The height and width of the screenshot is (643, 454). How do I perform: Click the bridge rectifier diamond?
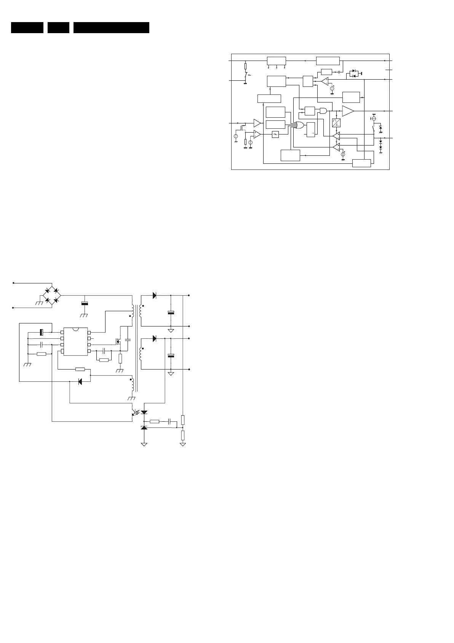pyautogui.click(x=51, y=295)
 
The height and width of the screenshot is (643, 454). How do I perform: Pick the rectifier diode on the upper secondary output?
pyautogui.click(x=154, y=295)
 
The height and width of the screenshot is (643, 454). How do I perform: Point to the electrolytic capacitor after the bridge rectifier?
pyautogui.click(x=85, y=304)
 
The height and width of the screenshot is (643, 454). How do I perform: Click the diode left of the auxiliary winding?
pyautogui.click(x=80, y=381)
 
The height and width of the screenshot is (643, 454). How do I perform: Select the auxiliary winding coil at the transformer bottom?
pyautogui.click(x=133, y=386)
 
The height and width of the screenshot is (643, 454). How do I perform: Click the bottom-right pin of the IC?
pyautogui.click(x=89, y=351)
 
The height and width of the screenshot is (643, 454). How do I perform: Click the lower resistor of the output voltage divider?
pyautogui.click(x=183, y=435)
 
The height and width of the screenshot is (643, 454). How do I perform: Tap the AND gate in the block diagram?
pyautogui.click(x=323, y=111)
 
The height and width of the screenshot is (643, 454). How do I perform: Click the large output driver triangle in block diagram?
pyautogui.click(x=347, y=111)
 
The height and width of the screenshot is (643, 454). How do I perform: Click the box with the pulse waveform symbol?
pyautogui.click(x=336, y=123)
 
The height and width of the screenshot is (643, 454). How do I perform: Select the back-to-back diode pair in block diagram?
pyautogui.click(x=354, y=73)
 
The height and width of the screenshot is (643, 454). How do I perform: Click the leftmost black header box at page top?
pyautogui.click(x=27, y=28)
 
